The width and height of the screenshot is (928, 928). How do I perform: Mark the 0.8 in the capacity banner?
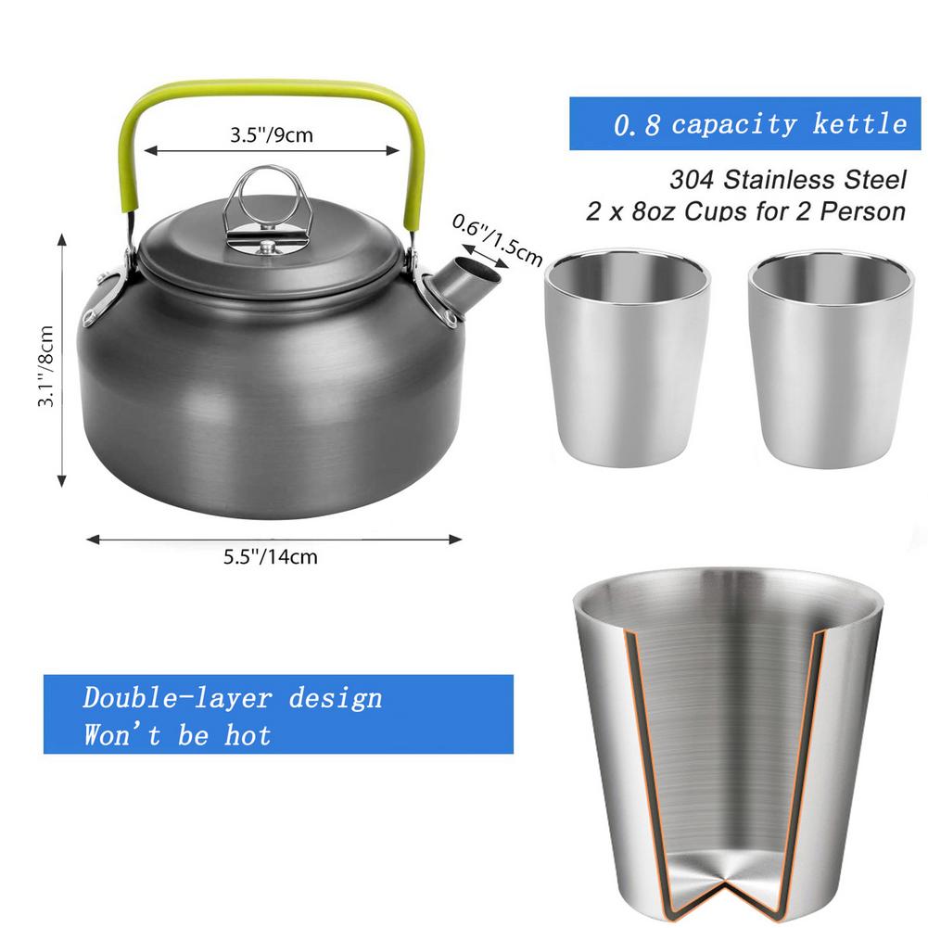(x=637, y=124)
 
